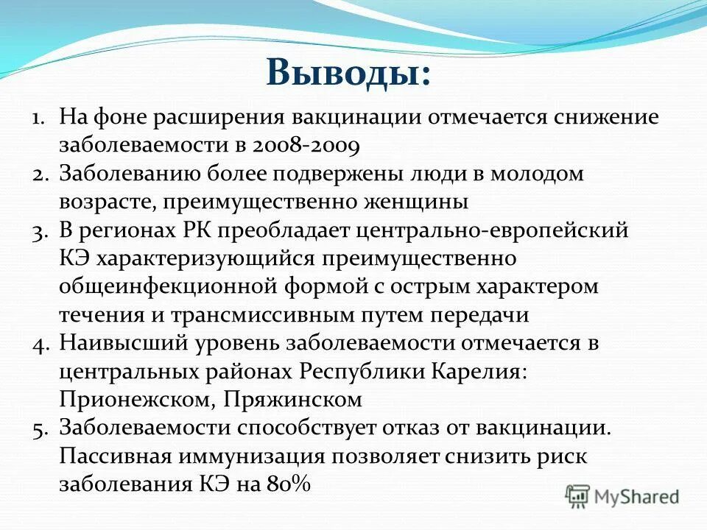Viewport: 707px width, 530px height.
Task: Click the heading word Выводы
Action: [x=348, y=73]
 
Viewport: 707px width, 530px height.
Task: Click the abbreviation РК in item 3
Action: [x=198, y=230]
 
